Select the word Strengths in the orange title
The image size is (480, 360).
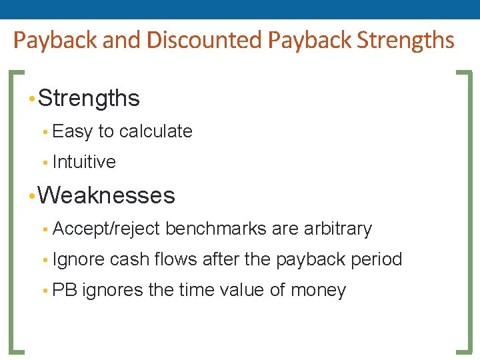[406, 40]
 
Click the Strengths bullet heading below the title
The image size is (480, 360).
[89, 99]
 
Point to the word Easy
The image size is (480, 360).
[72, 131]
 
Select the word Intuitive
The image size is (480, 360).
[84, 162]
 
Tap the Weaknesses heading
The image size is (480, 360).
[107, 196]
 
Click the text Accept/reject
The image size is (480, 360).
[106, 229]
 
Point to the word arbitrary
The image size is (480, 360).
[337, 229]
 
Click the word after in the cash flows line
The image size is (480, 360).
[221, 259]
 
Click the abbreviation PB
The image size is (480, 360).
[65, 291]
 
